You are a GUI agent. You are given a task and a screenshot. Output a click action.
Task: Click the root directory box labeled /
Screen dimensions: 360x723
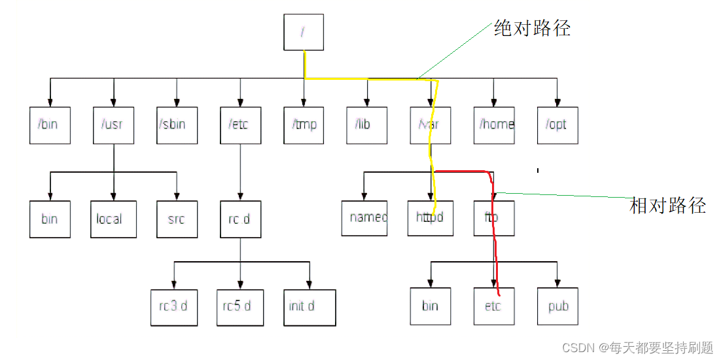point(304,32)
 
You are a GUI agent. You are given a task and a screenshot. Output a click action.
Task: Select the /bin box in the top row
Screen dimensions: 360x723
point(50,124)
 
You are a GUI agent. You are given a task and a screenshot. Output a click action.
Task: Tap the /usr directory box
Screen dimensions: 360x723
point(113,124)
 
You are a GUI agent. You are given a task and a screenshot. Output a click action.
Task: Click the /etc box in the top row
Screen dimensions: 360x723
point(240,124)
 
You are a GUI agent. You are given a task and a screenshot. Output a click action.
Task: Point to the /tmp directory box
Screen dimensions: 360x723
point(304,124)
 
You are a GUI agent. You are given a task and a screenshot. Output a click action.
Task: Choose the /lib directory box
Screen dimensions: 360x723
point(367,124)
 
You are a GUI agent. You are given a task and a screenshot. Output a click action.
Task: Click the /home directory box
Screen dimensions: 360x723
point(494,124)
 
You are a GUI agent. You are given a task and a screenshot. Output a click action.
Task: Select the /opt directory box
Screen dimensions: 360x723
point(557,124)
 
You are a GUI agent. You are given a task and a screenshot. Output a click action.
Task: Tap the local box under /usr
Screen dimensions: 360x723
point(113,219)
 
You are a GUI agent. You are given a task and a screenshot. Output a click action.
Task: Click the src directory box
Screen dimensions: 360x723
point(177,219)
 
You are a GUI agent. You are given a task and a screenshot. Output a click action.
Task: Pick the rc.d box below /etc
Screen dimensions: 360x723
point(240,219)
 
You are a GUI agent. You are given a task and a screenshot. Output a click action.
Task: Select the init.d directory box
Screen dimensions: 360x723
point(309,306)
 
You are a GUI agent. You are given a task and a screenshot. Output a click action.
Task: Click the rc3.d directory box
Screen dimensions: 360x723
point(173,306)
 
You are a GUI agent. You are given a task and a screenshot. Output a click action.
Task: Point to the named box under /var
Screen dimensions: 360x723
point(364,217)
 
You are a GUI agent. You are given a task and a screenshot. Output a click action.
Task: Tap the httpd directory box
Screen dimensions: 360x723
point(431,217)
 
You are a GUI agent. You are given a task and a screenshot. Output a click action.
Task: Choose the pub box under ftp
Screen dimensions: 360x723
point(558,306)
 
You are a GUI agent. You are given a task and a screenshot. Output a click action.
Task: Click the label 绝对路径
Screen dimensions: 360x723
point(532,29)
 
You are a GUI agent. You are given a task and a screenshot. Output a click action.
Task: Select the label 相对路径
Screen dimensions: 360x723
point(667,206)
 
